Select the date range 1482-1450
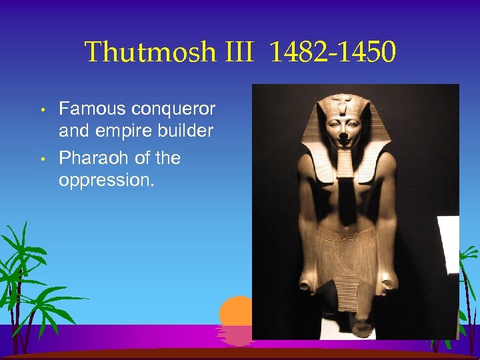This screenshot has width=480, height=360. coord(333,52)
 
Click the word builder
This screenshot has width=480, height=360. coord(183,131)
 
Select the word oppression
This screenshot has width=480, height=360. coord(106,180)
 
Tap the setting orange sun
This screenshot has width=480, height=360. coord(235,314)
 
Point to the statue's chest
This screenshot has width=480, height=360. coord(345,197)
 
